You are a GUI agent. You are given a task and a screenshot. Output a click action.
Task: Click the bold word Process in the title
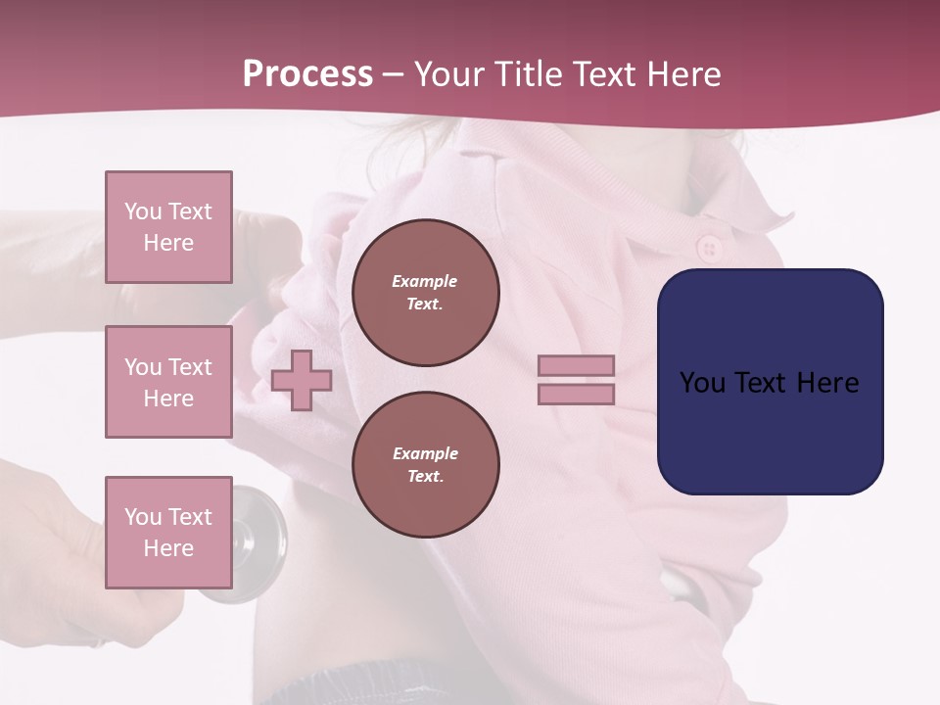[x=307, y=74]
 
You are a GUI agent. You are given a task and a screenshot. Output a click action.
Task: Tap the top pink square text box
[x=168, y=227]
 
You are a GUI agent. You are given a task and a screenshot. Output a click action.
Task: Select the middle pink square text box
[x=168, y=382]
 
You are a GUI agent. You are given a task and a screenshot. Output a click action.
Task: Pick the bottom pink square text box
[x=168, y=532]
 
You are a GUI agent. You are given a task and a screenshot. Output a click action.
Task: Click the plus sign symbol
[x=301, y=380]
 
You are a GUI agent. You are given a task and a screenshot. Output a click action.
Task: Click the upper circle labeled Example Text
[x=425, y=293]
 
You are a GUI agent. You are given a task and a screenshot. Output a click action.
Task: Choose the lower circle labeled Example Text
[x=425, y=465]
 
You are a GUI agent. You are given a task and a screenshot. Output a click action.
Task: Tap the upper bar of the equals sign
[x=576, y=366]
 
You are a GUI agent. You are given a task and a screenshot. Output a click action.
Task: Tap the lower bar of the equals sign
[x=576, y=394]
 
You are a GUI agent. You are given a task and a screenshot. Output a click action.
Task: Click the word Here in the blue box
[x=827, y=383]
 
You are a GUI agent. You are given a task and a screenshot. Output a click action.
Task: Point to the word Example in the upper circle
[x=425, y=281]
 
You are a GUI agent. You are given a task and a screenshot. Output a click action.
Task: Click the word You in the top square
[x=143, y=211]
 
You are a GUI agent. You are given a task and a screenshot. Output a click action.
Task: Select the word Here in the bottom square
[x=168, y=548]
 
